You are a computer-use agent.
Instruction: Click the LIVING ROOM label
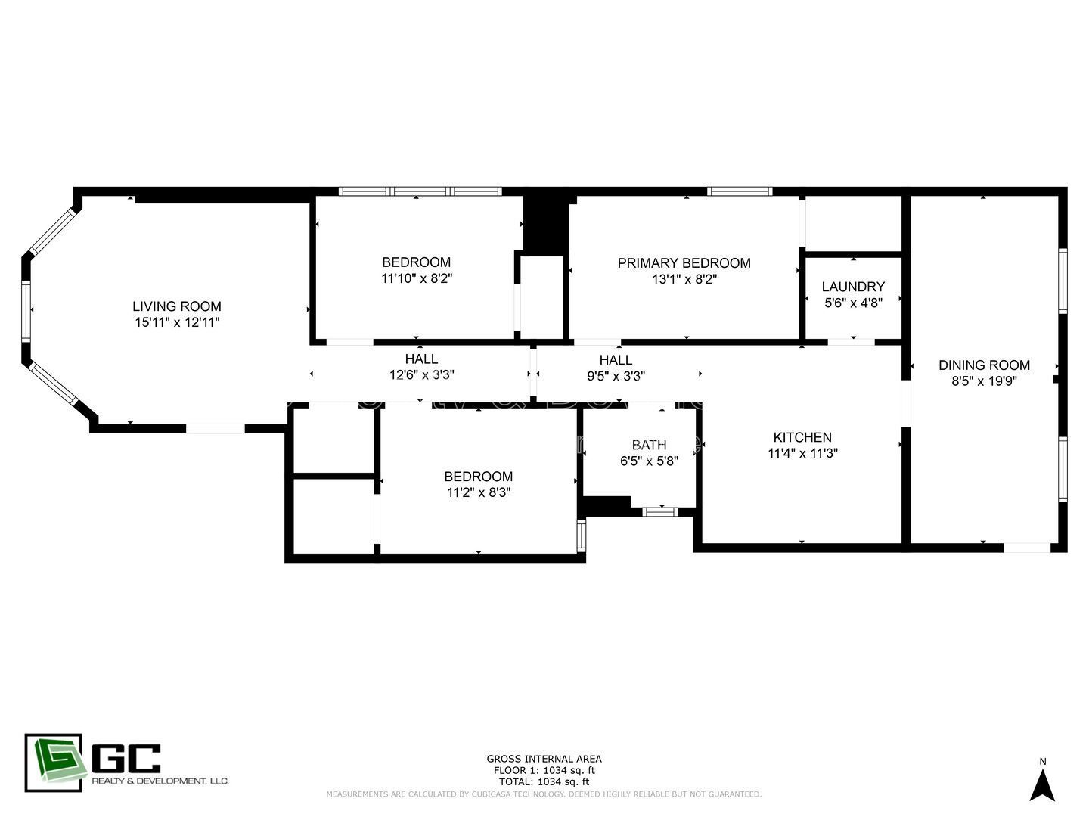point(177,306)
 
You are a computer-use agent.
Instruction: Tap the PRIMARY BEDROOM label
point(684,263)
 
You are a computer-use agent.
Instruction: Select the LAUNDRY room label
point(853,287)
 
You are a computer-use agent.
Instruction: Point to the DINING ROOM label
point(984,365)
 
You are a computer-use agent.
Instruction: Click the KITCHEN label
point(802,437)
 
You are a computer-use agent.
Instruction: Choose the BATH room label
point(649,445)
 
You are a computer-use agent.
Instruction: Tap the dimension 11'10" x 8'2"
point(417,278)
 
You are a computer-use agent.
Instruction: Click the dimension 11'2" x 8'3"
point(479,492)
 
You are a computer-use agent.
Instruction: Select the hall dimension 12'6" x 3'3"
point(421,374)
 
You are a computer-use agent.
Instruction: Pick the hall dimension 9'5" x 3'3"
point(616,375)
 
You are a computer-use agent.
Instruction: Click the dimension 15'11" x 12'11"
point(177,322)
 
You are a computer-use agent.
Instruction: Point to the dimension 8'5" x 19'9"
point(984,381)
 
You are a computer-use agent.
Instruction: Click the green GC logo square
point(53,763)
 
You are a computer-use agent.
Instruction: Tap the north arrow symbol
point(1042,785)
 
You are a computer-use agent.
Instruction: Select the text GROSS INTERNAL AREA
point(544,759)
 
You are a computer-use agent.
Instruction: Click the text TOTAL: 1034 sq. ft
point(544,781)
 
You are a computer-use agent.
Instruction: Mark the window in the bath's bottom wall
point(659,512)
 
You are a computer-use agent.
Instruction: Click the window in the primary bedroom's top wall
point(739,191)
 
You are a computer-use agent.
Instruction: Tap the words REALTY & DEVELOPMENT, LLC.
point(160,781)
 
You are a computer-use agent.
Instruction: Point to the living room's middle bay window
point(26,311)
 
